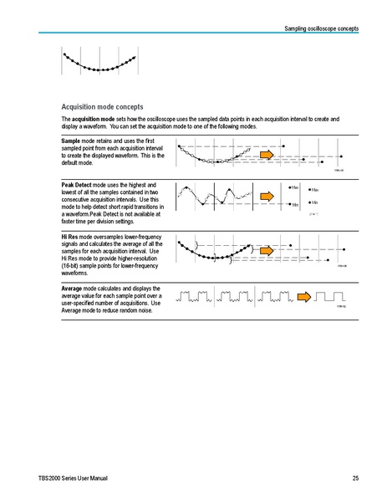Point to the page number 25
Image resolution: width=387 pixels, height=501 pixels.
point(355,478)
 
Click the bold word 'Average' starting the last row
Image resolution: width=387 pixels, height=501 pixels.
point(74,289)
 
